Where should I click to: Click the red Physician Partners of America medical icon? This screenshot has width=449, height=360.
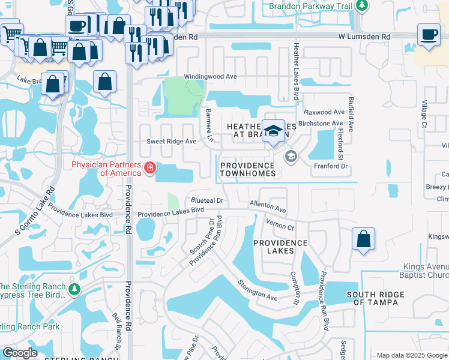[149, 169]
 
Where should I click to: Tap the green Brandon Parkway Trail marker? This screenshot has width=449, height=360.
[361, 6]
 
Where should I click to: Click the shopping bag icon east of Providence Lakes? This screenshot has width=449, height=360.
[364, 239]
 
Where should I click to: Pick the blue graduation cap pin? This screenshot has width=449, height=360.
[273, 131]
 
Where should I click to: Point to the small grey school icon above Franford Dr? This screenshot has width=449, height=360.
[291, 157]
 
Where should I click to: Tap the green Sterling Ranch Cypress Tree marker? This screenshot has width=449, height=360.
[74, 290]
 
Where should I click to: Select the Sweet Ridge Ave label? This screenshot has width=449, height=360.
[172, 142]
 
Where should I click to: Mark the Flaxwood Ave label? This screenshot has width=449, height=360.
[324, 112]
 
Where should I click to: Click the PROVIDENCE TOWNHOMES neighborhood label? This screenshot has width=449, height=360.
[248, 169]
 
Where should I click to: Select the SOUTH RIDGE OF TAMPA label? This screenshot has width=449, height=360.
[376, 298]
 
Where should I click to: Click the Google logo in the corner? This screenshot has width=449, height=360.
[20, 353]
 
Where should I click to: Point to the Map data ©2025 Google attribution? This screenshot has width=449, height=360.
[411, 355]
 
